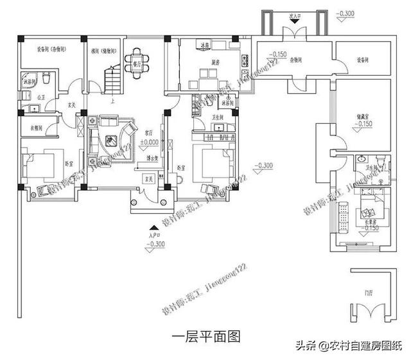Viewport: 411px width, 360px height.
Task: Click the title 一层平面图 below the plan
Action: [206, 336]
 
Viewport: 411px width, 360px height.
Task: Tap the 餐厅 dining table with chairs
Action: [137, 64]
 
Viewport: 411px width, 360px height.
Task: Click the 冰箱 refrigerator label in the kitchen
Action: [204, 46]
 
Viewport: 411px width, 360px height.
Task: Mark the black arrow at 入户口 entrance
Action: [152, 229]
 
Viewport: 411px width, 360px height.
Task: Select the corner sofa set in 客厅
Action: [109, 135]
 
